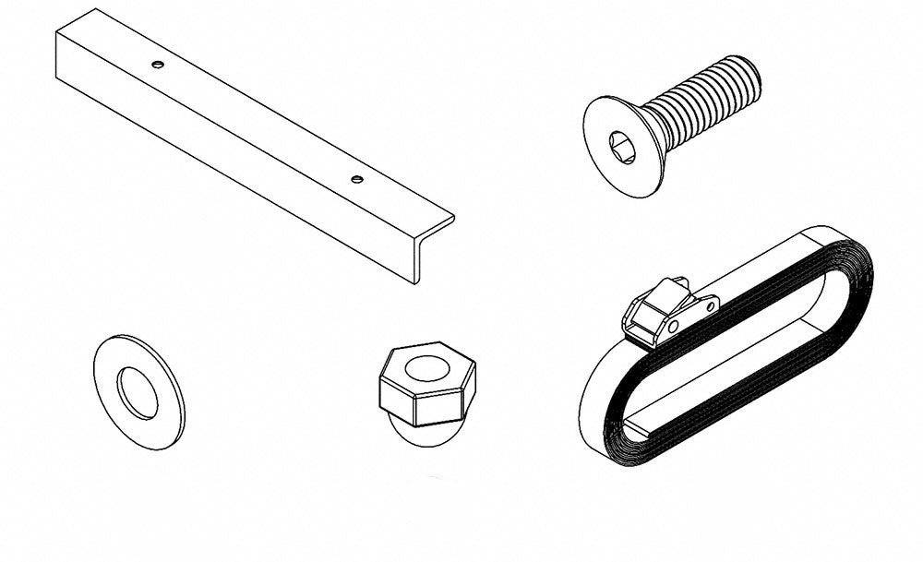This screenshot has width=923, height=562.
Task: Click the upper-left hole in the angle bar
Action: tap(158, 64)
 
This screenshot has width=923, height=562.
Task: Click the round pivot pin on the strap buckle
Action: tap(674, 326)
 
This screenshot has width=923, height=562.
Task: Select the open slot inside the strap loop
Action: tap(729, 351)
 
